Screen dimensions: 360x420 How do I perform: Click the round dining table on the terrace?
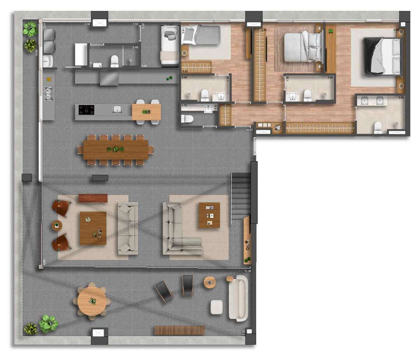click(92, 301)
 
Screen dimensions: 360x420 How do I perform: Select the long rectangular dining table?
click(116, 150)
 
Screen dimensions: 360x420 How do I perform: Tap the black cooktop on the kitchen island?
click(86, 110)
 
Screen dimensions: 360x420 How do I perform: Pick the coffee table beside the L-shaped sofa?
click(209, 215)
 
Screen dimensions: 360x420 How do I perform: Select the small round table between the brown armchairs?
click(57, 225)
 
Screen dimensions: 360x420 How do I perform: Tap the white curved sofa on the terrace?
click(238, 298)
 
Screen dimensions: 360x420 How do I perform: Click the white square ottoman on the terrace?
click(217, 307)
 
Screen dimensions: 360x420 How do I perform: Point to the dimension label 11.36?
click(247, 271)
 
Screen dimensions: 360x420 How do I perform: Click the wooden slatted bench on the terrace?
click(180, 330)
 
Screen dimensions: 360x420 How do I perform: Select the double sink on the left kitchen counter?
click(49, 94)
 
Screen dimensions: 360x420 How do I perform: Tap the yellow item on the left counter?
click(49, 79)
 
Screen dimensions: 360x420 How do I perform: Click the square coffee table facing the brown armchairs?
click(93, 228)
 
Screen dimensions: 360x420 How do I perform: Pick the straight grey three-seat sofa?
click(128, 228)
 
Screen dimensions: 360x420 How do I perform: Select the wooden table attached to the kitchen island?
click(146, 112)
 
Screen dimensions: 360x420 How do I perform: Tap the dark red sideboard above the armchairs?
click(93, 198)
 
